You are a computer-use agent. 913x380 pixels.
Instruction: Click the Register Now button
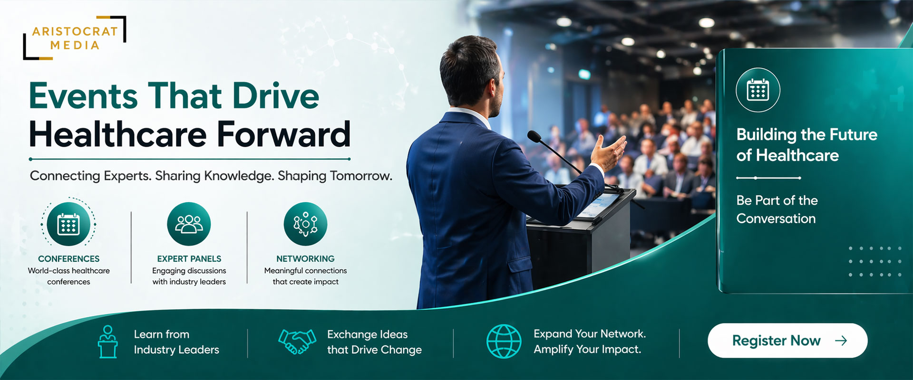click(x=787, y=341)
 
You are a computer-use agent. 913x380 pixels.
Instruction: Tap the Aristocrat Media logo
click(x=75, y=38)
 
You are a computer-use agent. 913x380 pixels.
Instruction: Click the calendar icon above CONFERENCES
click(x=68, y=224)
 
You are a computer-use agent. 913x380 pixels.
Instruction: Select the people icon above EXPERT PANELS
click(x=189, y=224)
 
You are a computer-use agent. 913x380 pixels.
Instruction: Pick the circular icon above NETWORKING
click(x=305, y=224)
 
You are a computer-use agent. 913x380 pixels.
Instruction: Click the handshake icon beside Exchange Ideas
click(x=297, y=342)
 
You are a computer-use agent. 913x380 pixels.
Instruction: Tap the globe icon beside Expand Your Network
click(x=504, y=341)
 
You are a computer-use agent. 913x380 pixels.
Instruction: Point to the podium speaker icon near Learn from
click(x=108, y=342)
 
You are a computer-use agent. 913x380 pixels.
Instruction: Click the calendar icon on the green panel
click(x=758, y=90)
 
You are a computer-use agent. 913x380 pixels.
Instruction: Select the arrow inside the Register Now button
click(x=841, y=341)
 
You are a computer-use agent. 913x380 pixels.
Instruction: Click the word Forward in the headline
click(x=284, y=134)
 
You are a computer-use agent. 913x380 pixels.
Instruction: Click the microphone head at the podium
click(x=534, y=137)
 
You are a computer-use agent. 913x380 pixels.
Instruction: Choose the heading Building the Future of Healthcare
click(x=807, y=145)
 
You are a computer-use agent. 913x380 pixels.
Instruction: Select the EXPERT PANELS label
click(x=189, y=259)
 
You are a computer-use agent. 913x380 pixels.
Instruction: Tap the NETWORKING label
click(x=305, y=259)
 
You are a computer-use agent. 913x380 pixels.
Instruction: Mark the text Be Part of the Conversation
click(x=777, y=209)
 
